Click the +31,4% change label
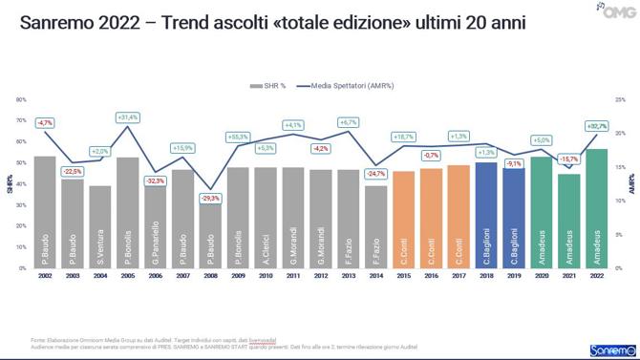click(x=128, y=117)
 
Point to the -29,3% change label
click(x=210, y=198)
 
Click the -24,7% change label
click(x=376, y=174)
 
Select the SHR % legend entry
click(x=269, y=85)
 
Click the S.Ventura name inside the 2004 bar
click(x=100, y=240)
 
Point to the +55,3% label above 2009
click(x=238, y=138)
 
